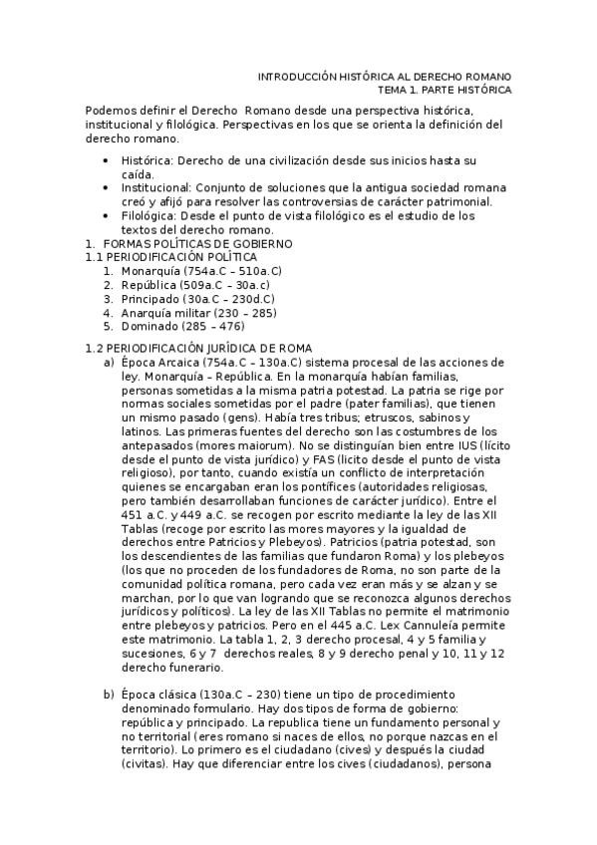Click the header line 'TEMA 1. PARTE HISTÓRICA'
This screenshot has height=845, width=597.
click(x=438, y=90)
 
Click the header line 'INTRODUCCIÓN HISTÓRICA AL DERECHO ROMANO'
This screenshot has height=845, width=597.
click(x=385, y=77)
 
